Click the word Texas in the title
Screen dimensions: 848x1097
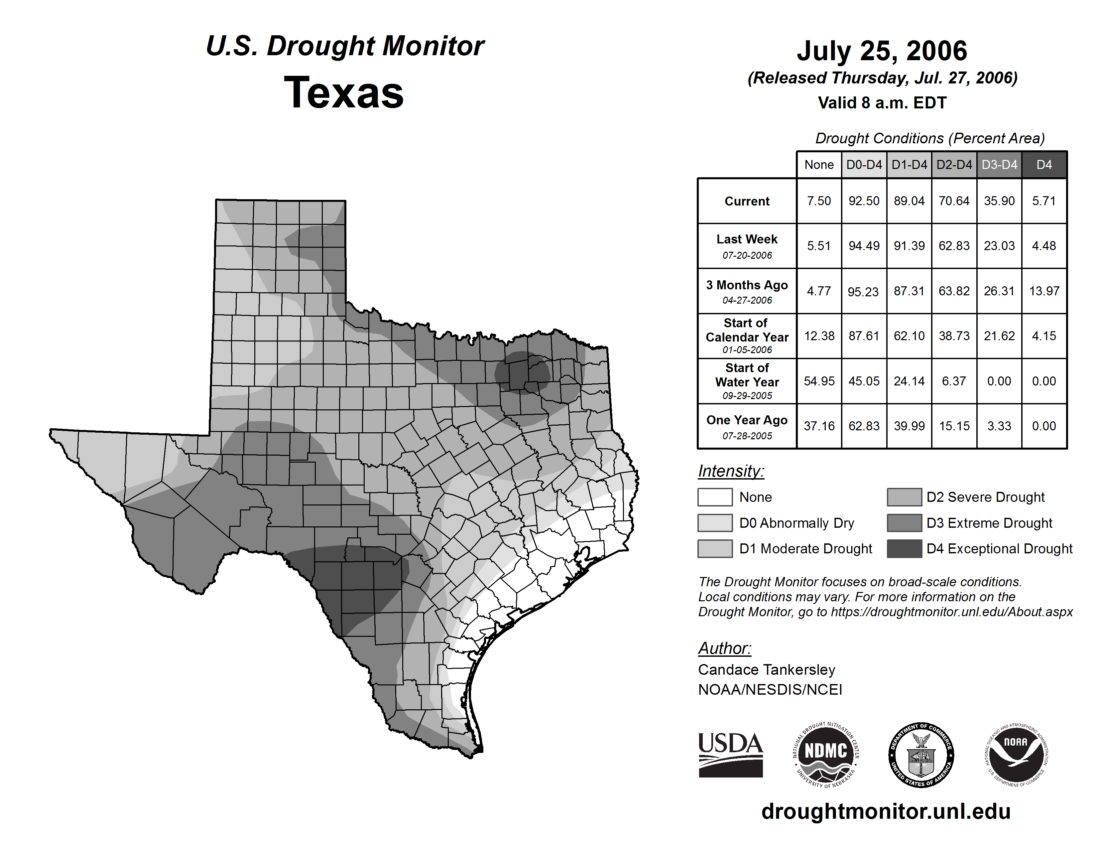click(x=344, y=92)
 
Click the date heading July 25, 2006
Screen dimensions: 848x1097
click(x=882, y=51)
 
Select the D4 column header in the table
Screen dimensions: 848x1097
click(x=1044, y=165)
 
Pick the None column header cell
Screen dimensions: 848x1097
click(x=819, y=165)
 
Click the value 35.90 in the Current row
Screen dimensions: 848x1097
click(x=999, y=201)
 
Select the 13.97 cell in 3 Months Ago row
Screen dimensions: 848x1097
click(x=1044, y=291)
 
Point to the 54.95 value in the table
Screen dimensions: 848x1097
click(x=819, y=381)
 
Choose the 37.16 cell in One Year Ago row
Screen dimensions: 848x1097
click(x=819, y=426)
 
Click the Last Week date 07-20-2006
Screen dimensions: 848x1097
click(x=747, y=255)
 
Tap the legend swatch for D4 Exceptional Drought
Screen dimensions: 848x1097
click(x=904, y=549)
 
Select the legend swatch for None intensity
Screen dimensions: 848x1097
click(x=715, y=497)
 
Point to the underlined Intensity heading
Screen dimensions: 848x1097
click(x=731, y=471)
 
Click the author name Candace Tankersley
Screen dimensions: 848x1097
click(x=766, y=670)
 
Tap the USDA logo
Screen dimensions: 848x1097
click(x=730, y=755)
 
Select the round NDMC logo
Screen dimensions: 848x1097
click(x=826, y=755)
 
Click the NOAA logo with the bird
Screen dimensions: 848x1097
click(x=1016, y=755)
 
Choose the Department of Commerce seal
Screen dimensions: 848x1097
click(x=921, y=755)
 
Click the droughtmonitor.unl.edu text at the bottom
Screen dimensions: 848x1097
click(x=886, y=811)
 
